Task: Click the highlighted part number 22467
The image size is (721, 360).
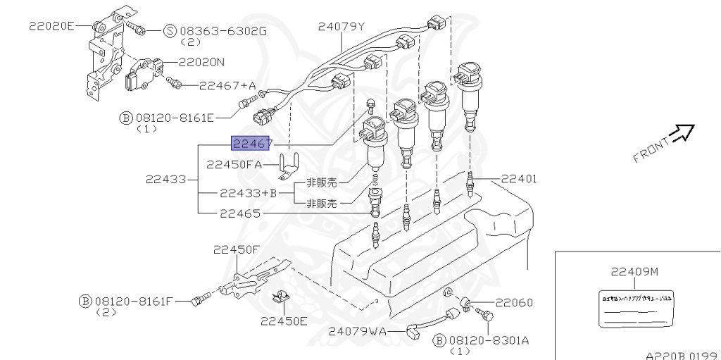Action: [252, 144]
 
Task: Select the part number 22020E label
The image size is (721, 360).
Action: [51, 26]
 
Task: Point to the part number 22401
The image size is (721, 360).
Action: [519, 179]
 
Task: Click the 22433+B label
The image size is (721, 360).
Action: [249, 192]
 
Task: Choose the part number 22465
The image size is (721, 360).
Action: [239, 212]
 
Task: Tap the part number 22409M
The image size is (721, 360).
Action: [634, 271]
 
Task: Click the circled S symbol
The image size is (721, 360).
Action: [170, 31]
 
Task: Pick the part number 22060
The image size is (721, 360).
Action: [513, 303]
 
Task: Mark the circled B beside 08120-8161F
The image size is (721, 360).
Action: [84, 301]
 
